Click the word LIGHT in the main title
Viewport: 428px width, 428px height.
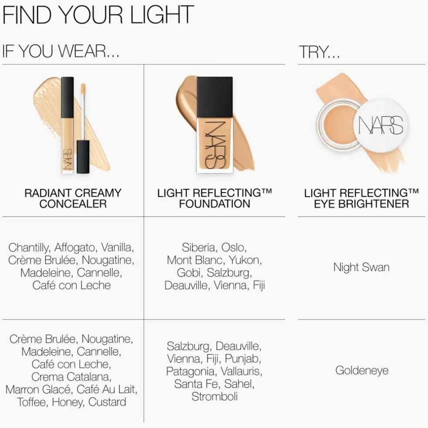click(162, 15)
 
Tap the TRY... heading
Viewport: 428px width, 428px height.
click(319, 52)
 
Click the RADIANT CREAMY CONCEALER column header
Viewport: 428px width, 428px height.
click(73, 198)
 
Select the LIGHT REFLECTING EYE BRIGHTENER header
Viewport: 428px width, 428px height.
click(361, 198)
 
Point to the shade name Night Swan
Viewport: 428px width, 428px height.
click(361, 267)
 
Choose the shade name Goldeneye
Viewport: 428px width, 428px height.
click(362, 371)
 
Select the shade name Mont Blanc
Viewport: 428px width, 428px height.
click(196, 260)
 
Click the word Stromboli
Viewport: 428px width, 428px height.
click(214, 397)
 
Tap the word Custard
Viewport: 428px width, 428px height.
click(107, 402)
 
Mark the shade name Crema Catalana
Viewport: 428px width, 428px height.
click(71, 377)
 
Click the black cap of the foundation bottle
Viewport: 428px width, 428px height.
click(215, 97)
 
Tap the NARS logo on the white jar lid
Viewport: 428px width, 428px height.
click(381, 126)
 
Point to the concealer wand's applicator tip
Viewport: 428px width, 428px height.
click(83, 89)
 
